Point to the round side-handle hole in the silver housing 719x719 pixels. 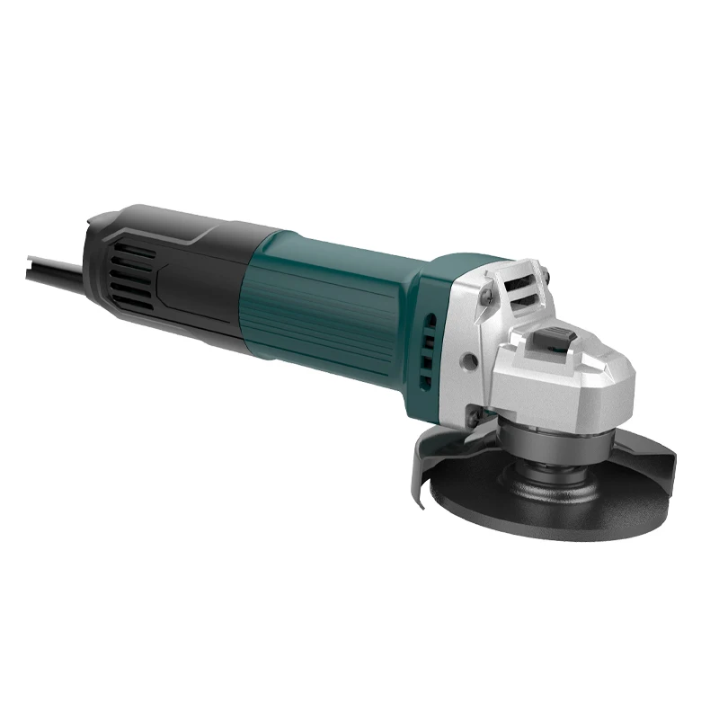468,361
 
